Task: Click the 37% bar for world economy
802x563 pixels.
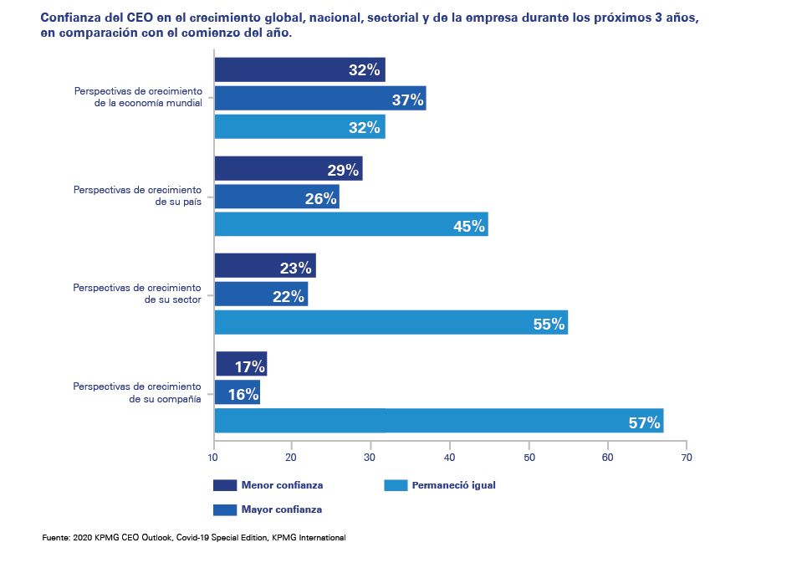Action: (x=320, y=99)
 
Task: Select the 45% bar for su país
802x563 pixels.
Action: (x=351, y=225)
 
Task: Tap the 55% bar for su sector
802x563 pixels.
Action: (x=391, y=323)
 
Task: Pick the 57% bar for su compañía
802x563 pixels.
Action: (x=438, y=421)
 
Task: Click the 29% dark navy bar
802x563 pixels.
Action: (x=288, y=169)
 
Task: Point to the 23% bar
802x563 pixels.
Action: (x=264, y=267)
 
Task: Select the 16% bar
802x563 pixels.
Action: (x=237, y=392)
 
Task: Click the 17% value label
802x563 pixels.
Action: (x=250, y=366)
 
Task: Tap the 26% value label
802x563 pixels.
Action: (x=320, y=197)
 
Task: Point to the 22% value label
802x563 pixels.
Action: (x=289, y=295)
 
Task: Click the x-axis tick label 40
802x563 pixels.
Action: (x=450, y=458)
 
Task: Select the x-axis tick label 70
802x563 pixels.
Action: (x=687, y=458)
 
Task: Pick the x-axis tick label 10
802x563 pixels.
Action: (x=214, y=458)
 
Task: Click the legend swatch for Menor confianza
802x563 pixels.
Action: (x=226, y=485)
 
